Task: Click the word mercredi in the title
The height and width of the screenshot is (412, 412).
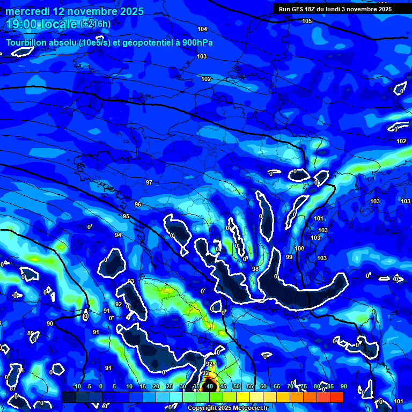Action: pyautogui.click(x=28, y=11)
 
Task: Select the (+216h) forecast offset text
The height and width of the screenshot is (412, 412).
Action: pyautogui.click(x=95, y=24)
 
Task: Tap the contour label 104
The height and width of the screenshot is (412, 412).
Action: pyautogui.click(x=202, y=29)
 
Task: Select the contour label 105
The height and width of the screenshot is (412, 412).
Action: pyautogui.click(x=307, y=21)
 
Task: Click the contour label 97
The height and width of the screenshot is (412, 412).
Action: pyautogui.click(x=149, y=182)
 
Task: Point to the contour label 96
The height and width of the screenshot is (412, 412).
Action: pyautogui.click(x=138, y=204)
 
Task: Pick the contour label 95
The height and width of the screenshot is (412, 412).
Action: pyautogui.click(x=126, y=216)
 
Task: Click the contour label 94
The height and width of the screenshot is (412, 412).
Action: pyautogui.click(x=118, y=236)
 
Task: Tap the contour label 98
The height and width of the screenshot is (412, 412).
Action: pyautogui.click(x=255, y=269)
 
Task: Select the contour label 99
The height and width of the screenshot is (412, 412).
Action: pyautogui.click(x=289, y=257)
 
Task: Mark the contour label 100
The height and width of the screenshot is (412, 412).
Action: pyautogui.click(x=299, y=248)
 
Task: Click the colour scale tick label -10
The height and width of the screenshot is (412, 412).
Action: pyautogui.click(x=76, y=386)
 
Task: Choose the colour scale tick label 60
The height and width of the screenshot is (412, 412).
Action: pyautogui.click(x=263, y=386)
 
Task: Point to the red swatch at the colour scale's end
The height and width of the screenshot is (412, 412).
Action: pyautogui.click(x=337, y=397)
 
